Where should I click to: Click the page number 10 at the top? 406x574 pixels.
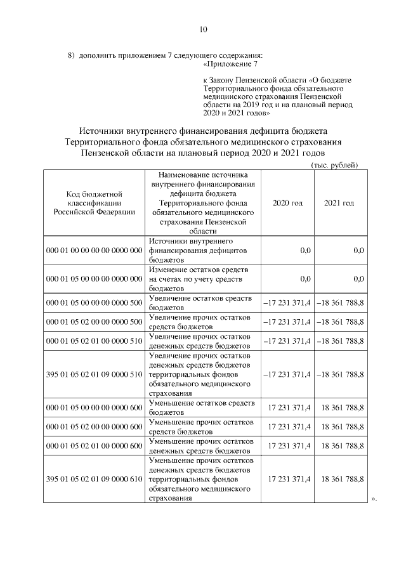click(x=203, y=29)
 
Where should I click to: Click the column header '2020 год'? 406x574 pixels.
click(x=287, y=202)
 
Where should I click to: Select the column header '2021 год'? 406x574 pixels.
click(x=339, y=202)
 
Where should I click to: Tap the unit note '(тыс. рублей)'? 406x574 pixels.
click(x=335, y=165)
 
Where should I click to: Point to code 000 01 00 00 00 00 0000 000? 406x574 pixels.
click(x=94, y=251)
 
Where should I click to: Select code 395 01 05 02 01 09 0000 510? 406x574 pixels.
click(x=94, y=374)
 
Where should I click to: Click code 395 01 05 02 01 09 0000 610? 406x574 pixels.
click(x=94, y=479)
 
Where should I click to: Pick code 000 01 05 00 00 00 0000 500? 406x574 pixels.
click(x=94, y=303)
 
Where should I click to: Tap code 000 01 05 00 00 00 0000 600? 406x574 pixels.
click(x=94, y=408)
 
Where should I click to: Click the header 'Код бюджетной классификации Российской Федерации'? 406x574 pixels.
click(x=94, y=202)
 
